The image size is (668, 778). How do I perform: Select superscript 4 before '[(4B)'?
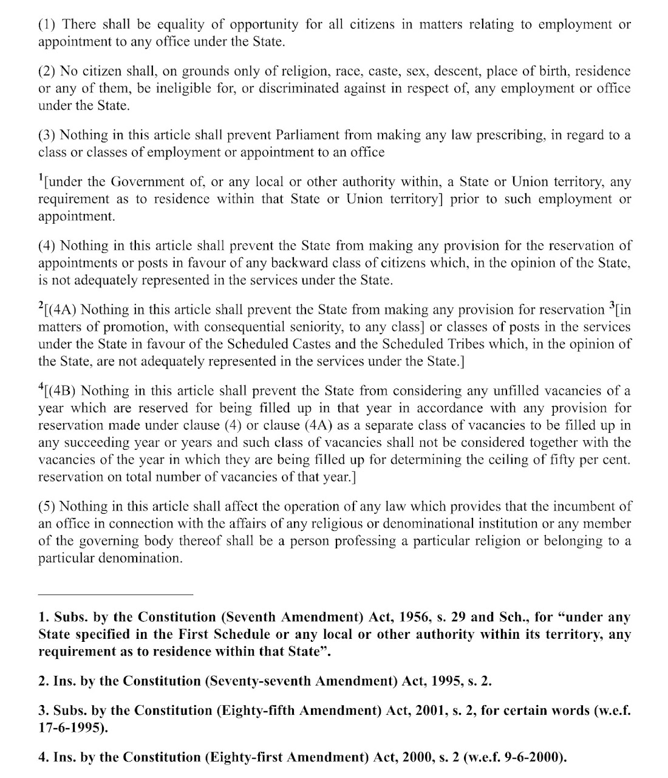coord(41,387)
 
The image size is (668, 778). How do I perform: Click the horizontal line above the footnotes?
coord(115,594)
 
